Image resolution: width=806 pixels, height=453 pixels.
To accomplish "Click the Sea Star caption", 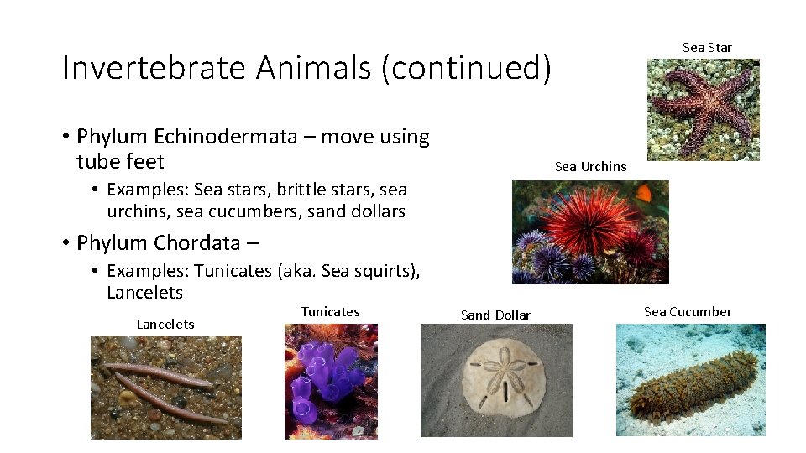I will (707, 48).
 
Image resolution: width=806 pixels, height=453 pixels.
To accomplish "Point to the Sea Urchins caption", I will (590, 167).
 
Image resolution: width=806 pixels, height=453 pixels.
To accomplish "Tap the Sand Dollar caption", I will (495, 315).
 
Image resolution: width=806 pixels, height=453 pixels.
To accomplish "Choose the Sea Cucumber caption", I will (688, 312).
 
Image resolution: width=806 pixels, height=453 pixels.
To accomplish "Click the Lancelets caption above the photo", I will (165, 325).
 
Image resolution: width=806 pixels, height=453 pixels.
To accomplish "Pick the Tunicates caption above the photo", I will (330, 312).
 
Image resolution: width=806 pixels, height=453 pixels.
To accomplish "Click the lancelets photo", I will (166, 386).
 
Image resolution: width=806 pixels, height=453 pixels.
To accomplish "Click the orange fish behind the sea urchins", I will (644, 193).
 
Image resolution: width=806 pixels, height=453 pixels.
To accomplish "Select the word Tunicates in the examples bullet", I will (230, 271).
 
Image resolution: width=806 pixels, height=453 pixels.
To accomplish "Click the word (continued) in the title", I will (466, 67).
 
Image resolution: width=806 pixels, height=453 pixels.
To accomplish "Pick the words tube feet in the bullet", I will (120, 161).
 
